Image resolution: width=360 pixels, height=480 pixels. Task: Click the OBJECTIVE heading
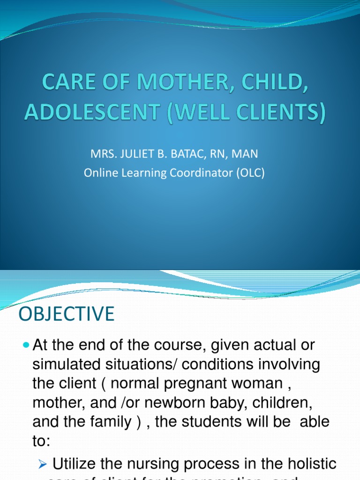click(x=67, y=314)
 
